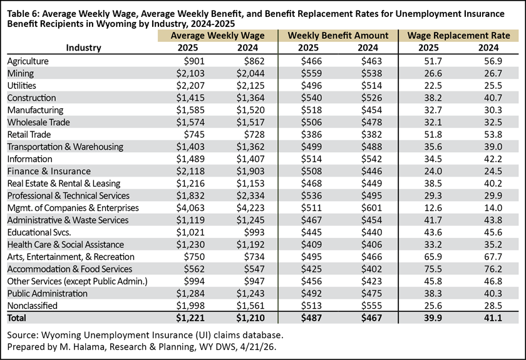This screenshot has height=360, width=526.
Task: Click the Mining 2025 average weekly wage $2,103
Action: pyautogui.click(x=190, y=73)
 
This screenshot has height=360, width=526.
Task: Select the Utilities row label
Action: pyautogui.click(x=21, y=86)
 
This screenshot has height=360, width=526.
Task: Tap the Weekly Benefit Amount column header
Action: pyautogui.click(x=338, y=36)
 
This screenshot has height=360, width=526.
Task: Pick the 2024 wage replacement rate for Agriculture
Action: pyautogui.click(x=493, y=61)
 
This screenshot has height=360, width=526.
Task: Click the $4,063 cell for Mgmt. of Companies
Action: pyautogui.click(x=190, y=208)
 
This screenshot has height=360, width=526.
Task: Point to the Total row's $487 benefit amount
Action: pyautogui.click(x=311, y=317)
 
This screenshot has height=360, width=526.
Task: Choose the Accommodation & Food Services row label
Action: pyautogui.click(x=70, y=269)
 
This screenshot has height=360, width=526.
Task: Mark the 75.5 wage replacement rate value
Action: pyautogui.click(x=433, y=269)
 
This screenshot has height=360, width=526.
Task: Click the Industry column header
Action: pyautogui.click(x=83, y=48)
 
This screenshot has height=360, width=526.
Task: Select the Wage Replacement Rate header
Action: pyautogui.click(x=458, y=36)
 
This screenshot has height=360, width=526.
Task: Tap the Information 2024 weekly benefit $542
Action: pyautogui.click(x=371, y=158)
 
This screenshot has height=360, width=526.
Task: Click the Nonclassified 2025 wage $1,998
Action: pyautogui.click(x=190, y=306)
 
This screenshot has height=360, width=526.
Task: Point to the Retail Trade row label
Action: pyautogui.click(x=29, y=135)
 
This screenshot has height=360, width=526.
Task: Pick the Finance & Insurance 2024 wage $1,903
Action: pyautogui.click(x=250, y=171)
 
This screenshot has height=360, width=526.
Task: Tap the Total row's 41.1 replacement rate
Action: pyautogui.click(x=493, y=317)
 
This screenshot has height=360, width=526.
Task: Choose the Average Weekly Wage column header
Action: pyautogui.click(x=217, y=36)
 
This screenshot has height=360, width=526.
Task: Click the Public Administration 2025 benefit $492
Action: pyautogui.click(x=311, y=294)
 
